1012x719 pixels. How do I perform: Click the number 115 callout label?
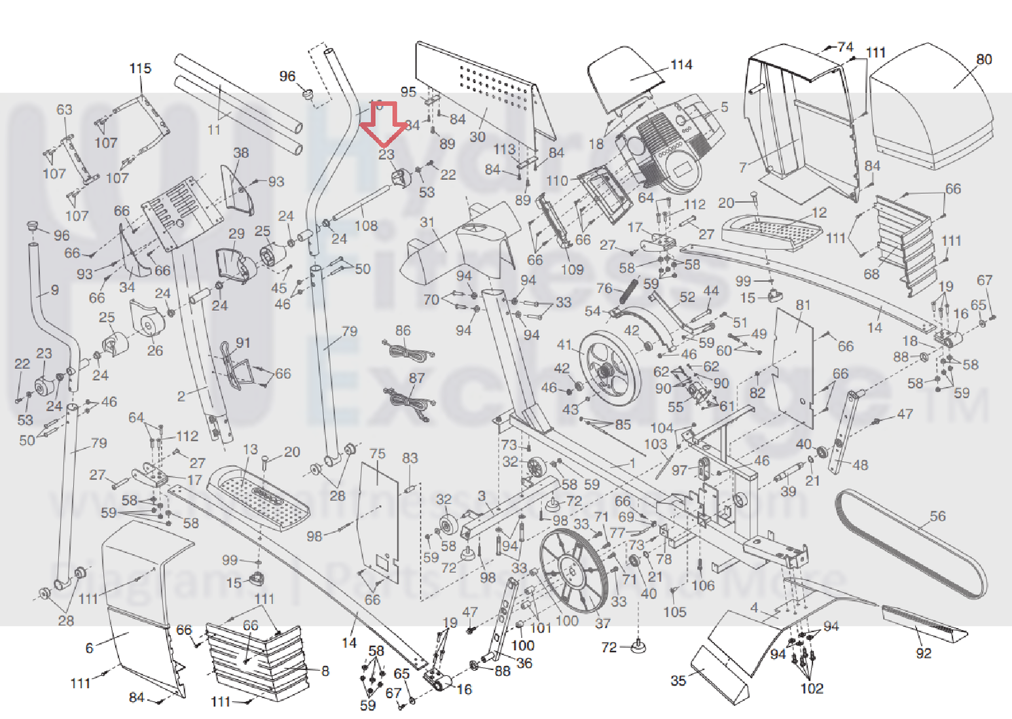click(x=140, y=69)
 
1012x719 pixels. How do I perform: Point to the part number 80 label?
click(x=984, y=60)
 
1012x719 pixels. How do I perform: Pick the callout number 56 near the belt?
click(x=937, y=516)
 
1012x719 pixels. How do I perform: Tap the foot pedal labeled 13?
click(x=259, y=494)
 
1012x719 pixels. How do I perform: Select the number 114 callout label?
click(x=681, y=65)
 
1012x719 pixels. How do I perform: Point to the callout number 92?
click(x=923, y=653)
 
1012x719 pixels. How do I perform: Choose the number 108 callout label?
click(x=366, y=226)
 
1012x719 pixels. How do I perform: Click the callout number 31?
click(x=427, y=222)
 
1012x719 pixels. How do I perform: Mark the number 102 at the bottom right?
click(x=812, y=688)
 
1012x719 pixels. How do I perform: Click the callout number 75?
click(x=377, y=453)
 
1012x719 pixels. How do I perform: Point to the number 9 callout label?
click(x=54, y=289)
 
